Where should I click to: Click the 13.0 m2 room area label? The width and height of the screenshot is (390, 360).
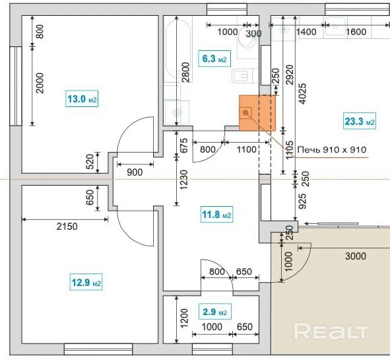click(82, 99)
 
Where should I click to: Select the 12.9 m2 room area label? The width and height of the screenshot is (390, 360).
click(86, 282)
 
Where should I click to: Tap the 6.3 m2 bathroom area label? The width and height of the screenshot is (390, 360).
click(214, 59)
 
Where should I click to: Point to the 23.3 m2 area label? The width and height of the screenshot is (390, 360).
click(360, 122)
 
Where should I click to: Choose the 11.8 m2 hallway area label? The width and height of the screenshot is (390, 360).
click(216, 215)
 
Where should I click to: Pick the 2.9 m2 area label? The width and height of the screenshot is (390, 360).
click(215, 312)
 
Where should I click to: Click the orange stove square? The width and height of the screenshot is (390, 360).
click(257, 113)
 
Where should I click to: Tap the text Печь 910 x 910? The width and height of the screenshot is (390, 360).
click(332, 150)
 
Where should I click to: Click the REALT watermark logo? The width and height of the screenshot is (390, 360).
click(331, 331)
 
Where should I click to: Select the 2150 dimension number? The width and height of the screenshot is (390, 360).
click(67, 227)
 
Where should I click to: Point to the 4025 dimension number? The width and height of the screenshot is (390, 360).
click(302, 94)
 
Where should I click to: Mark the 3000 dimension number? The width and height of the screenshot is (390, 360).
click(356, 256)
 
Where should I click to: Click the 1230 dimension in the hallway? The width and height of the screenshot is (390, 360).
click(184, 180)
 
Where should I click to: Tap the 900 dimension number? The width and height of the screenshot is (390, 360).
click(135, 172)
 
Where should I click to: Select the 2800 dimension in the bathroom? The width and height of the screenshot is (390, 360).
click(186, 72)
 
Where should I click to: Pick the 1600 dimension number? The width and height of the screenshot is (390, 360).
click(356, 32)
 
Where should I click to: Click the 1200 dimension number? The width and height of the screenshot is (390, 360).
click(184, 318)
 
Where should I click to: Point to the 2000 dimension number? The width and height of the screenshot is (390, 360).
click(40, 83)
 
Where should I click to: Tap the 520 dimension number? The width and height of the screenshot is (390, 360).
click(90, 162)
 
